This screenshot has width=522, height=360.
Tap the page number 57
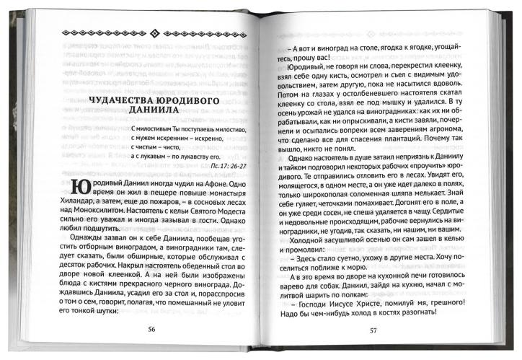click(373, 331)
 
